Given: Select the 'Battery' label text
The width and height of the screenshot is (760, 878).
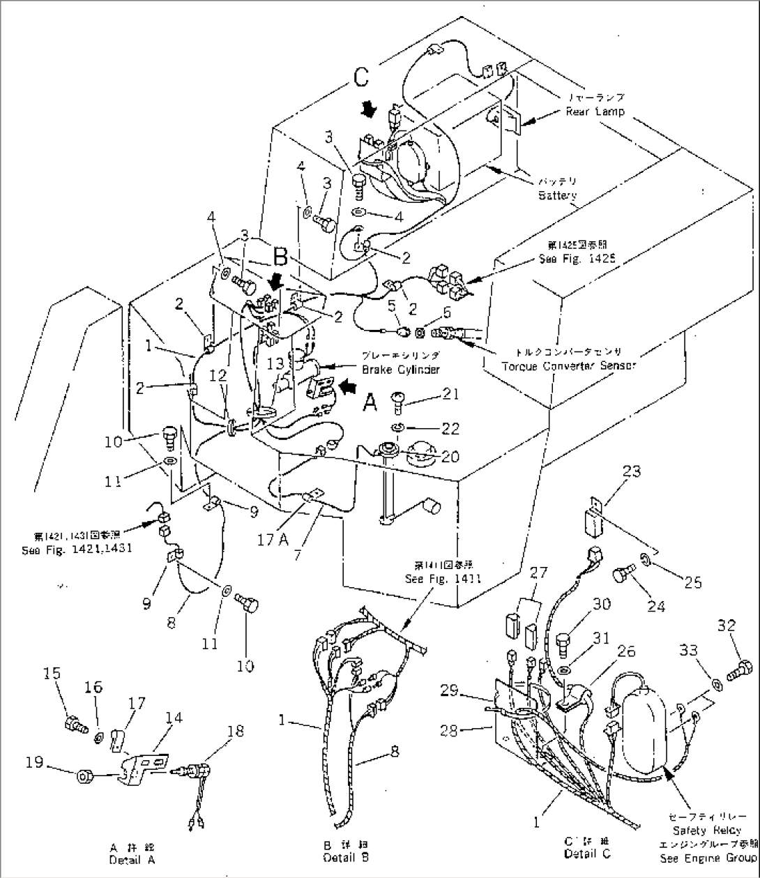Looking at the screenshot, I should coord(557,195).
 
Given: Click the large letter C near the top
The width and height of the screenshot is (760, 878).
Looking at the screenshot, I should coord(360,77).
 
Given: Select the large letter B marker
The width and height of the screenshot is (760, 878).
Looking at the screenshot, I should coord(280,259).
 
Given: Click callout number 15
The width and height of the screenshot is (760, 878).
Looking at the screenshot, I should coord(52,673).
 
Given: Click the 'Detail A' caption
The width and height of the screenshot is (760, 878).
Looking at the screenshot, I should coord(131,860).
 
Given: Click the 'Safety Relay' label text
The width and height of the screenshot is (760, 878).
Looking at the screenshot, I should coord(706,831).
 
